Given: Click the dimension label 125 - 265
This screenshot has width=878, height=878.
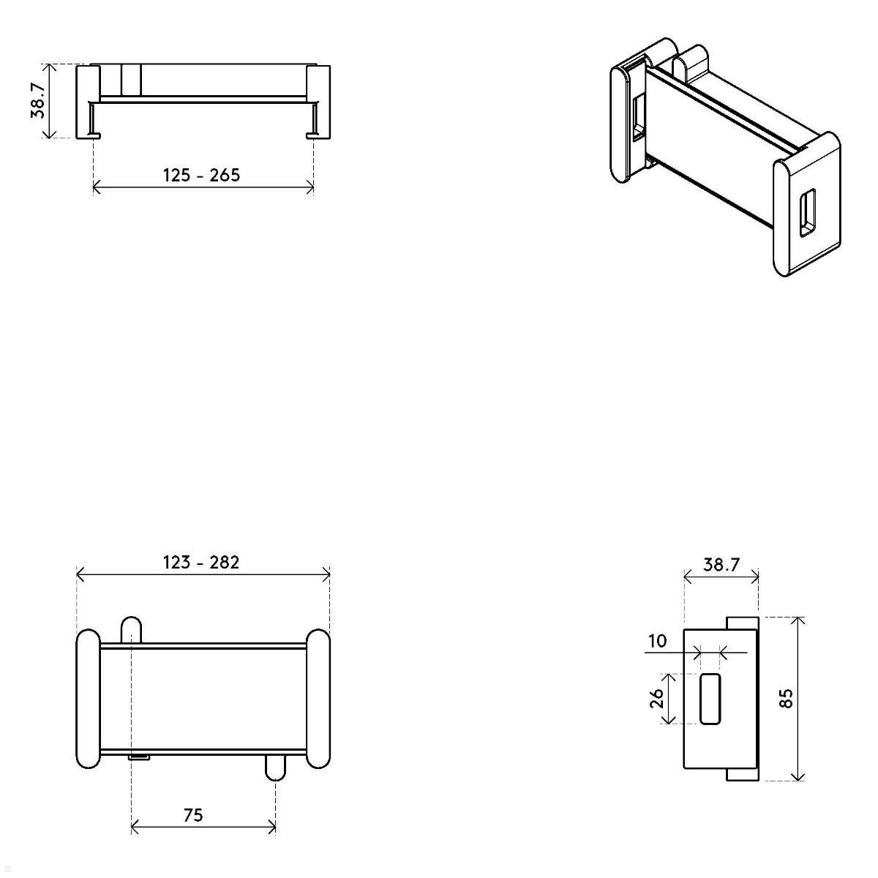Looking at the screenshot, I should pos(201,176).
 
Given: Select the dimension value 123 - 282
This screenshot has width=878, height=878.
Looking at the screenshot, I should pos(201,562).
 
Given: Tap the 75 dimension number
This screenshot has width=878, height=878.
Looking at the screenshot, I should pos(193,814).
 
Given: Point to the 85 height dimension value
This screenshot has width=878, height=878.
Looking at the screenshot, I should pos(787,699).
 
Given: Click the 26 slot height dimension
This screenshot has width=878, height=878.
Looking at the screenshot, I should pos(657,699).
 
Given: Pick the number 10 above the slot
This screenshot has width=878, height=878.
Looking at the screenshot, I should pos(657,642).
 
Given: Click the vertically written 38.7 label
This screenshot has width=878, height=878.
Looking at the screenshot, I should pos(38,100).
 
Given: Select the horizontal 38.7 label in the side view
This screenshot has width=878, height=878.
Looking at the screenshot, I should pos(721,565).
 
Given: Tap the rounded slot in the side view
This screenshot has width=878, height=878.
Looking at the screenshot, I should pos(710,699).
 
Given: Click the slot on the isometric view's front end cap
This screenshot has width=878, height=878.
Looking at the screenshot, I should pos(806,213).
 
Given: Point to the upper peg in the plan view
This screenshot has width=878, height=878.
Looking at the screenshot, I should pos(131,629).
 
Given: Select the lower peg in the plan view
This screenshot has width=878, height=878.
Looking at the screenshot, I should pos(275,766).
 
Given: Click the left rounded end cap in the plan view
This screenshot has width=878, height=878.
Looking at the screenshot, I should pos(88,698).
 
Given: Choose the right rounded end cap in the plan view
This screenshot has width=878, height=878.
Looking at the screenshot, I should pos(318,698).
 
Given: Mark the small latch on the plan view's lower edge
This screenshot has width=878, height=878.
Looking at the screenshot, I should pos(139,757).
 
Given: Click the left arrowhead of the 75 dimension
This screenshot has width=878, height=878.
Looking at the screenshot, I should pos(134,828).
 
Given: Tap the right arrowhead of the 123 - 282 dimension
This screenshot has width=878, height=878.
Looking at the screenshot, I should pos(326,575).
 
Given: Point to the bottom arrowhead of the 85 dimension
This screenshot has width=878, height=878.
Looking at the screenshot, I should pos(798,776).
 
